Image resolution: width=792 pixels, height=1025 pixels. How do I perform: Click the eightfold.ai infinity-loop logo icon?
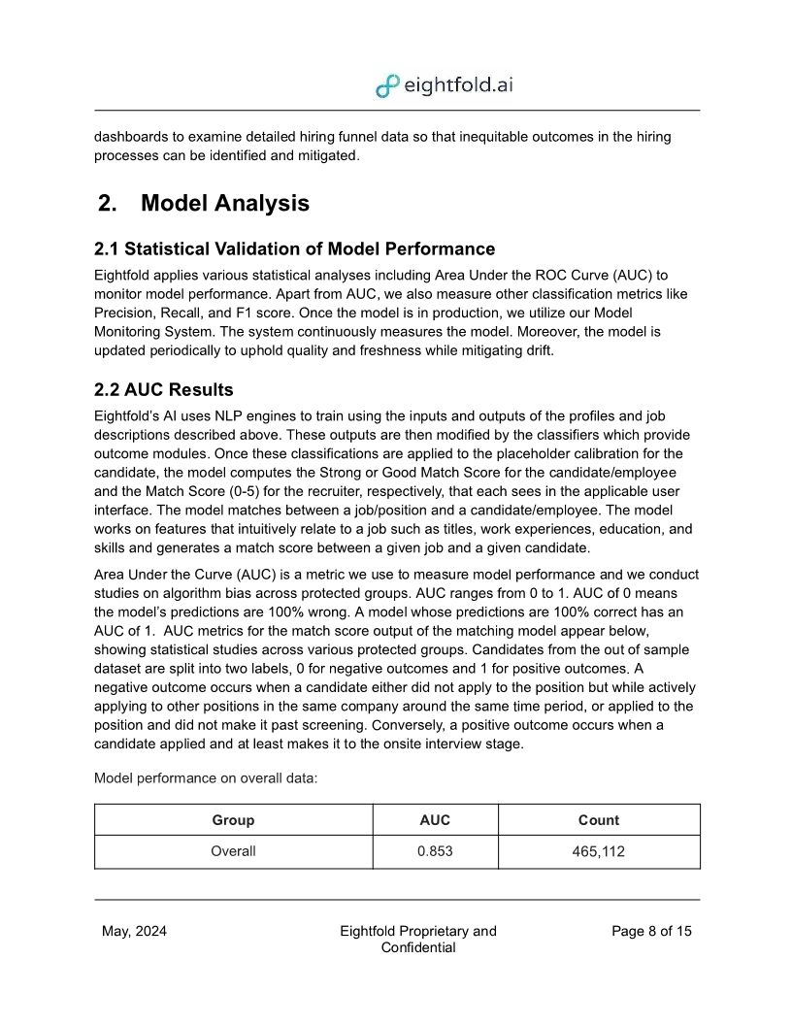[387, 85]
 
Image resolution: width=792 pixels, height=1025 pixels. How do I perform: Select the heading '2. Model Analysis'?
[203, 203]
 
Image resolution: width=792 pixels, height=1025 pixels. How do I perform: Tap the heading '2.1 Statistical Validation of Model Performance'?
[294, 248]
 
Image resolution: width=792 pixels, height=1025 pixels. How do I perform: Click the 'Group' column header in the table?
[233, 820]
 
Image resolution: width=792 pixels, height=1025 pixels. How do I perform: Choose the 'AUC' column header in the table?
[435, 820]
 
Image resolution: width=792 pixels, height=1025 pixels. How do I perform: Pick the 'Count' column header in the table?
[598, 820]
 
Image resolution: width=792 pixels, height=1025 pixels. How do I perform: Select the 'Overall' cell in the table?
[233, 851]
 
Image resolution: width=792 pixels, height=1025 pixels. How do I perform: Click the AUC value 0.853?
[435, 851]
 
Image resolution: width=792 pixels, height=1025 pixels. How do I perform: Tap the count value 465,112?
[598, 851]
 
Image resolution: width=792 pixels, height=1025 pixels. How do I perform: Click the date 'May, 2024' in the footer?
[134, 931]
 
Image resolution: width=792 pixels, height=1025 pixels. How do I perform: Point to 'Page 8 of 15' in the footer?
[651, 931]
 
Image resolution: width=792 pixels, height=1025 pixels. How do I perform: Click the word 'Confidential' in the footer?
[418, 947]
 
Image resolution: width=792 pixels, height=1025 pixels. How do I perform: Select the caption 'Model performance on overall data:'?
[206, 778]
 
